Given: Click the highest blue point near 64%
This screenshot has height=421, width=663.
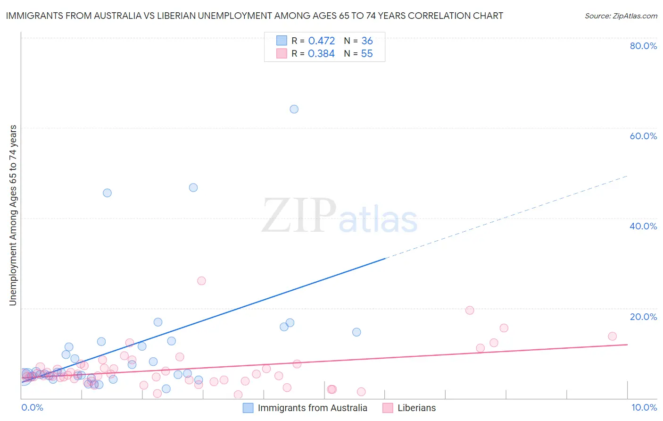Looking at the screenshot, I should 294,109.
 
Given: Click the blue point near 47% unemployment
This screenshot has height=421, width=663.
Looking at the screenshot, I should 193,187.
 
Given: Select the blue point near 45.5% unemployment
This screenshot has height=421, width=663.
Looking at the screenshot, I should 107,193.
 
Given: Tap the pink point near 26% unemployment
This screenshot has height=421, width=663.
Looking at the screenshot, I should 201,281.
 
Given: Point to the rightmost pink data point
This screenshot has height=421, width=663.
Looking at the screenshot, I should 612,336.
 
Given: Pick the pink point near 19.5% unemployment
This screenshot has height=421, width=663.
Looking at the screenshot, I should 470,310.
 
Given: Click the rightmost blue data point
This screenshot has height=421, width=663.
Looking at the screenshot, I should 356,332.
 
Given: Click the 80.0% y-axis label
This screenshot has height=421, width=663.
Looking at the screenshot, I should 643,46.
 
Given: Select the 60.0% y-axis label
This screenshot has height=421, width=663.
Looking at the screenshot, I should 643,136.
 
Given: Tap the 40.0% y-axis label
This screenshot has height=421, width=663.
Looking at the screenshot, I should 643,226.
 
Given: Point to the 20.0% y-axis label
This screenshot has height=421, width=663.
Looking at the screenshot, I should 643,317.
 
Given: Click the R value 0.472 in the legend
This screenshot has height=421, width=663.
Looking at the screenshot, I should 321,41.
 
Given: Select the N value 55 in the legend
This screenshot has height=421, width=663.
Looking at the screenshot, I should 367,54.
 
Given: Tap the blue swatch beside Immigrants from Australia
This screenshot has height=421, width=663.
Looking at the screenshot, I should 248,408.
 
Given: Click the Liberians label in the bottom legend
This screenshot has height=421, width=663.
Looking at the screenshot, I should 416,408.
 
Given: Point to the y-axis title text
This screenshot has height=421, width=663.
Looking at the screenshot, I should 13,215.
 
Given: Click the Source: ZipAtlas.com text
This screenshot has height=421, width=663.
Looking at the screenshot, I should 621,16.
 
